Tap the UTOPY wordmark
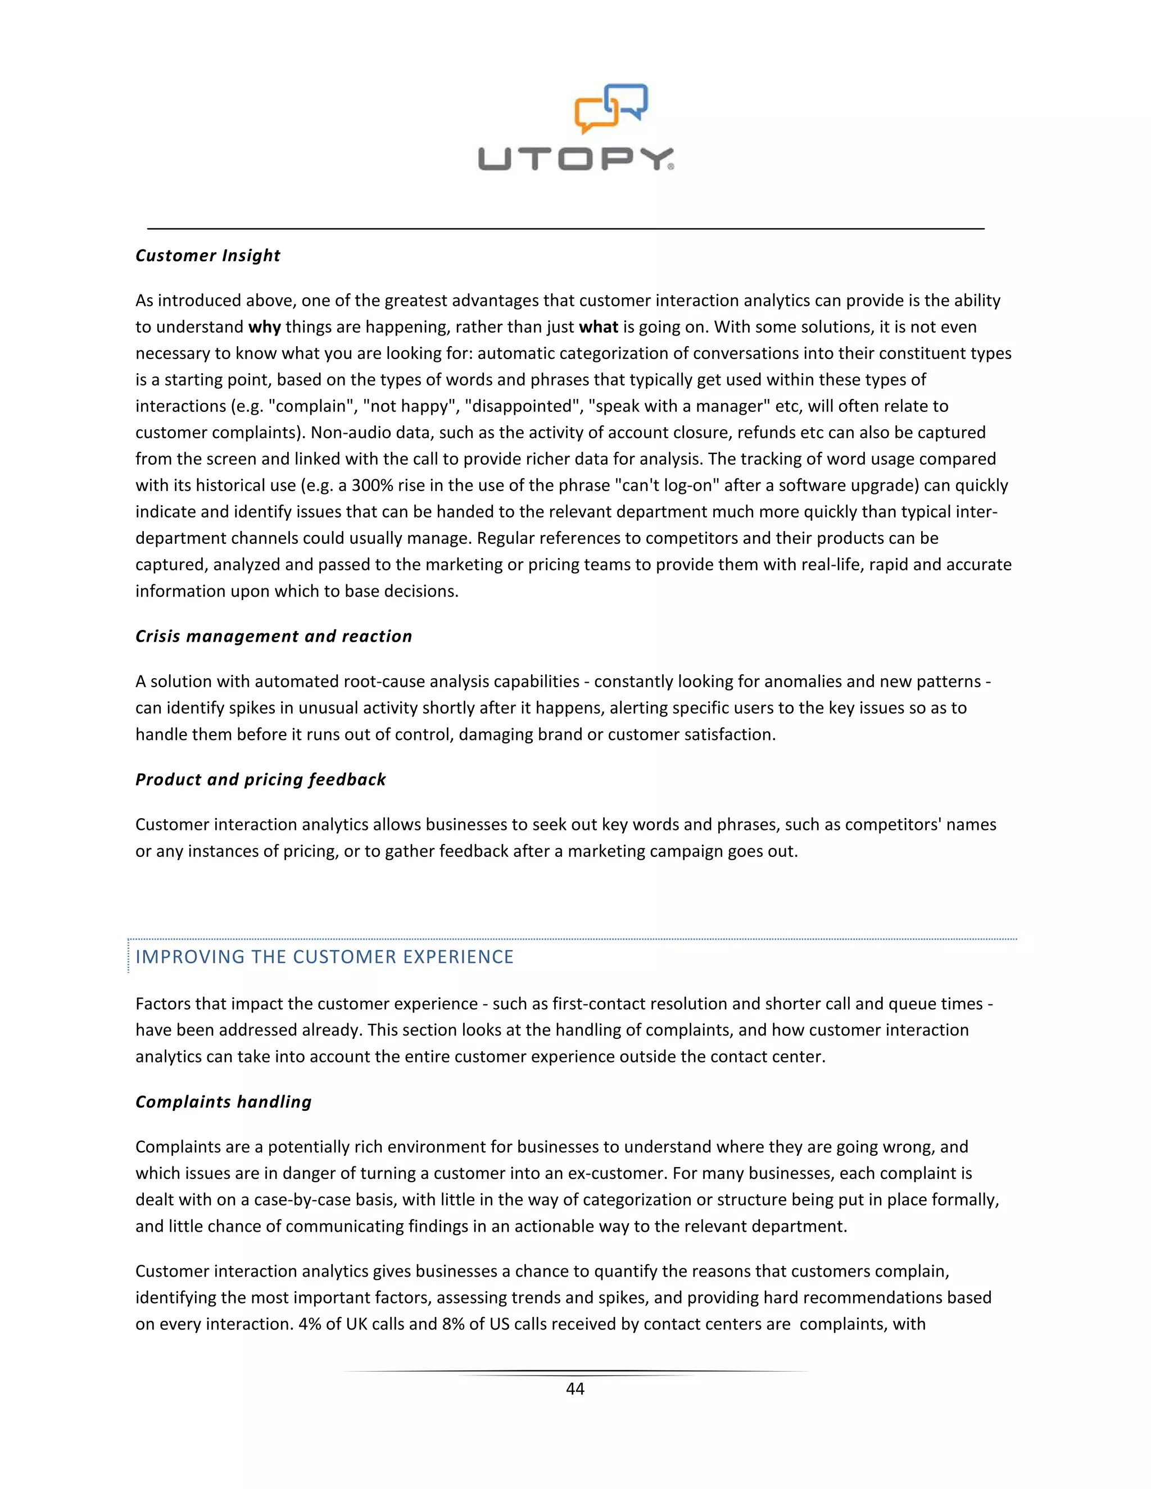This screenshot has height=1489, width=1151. click(575, 159)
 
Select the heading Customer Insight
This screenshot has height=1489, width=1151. click(208, 256)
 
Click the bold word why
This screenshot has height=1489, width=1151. click(265, 327)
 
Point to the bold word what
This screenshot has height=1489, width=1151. click(598, 327)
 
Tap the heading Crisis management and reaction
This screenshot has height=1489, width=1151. click(274, 636)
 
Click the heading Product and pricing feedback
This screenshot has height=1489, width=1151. click(260, 779)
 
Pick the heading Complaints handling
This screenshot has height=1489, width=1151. click(224, 1102)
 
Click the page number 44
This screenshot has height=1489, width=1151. click(575, 1389)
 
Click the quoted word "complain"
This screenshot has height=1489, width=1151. click(312, 406)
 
